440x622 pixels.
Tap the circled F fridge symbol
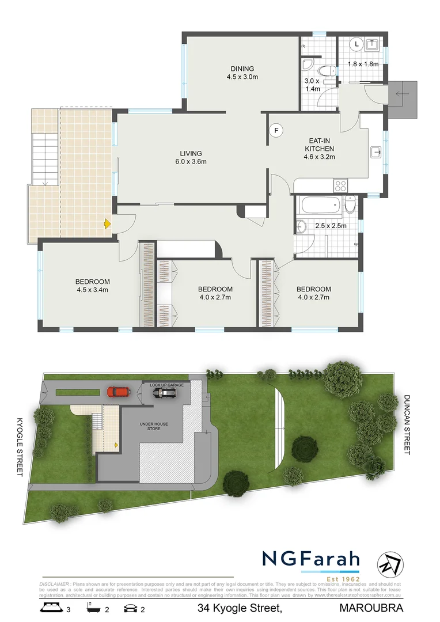click(276, 130)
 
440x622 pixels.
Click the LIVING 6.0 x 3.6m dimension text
click(191, 161)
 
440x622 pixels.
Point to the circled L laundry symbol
click(356, 44)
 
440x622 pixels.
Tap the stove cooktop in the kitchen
click(340, 185)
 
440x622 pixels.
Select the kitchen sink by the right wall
click(376, 152)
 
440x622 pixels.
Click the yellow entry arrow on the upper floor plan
click(107, 223)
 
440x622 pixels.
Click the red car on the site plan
click(119, 392)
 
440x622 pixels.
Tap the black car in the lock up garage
click(164, 393)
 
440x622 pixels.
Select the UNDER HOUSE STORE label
click(154, 427)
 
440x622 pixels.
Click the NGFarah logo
click(311, 559)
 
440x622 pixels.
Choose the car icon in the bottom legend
click(131, 608)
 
